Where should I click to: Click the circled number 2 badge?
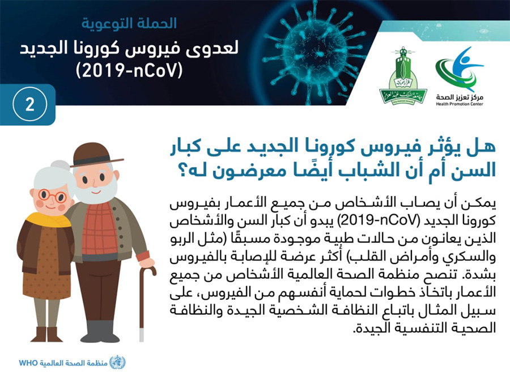[29, 104]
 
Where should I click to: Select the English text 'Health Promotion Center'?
[460, 104]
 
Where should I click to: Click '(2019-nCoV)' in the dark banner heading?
[129, 70]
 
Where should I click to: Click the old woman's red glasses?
[52, 196]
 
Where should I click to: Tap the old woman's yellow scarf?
[49, 220]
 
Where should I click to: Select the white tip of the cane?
[142, 335]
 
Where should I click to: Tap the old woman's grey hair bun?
[60, 165]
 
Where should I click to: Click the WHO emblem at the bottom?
[117, 362]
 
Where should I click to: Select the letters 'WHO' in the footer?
[29, 363]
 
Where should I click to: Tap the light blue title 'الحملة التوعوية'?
[129, 23]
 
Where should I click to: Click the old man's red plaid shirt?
[100, 228]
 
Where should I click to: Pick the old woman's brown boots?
[46, 334]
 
